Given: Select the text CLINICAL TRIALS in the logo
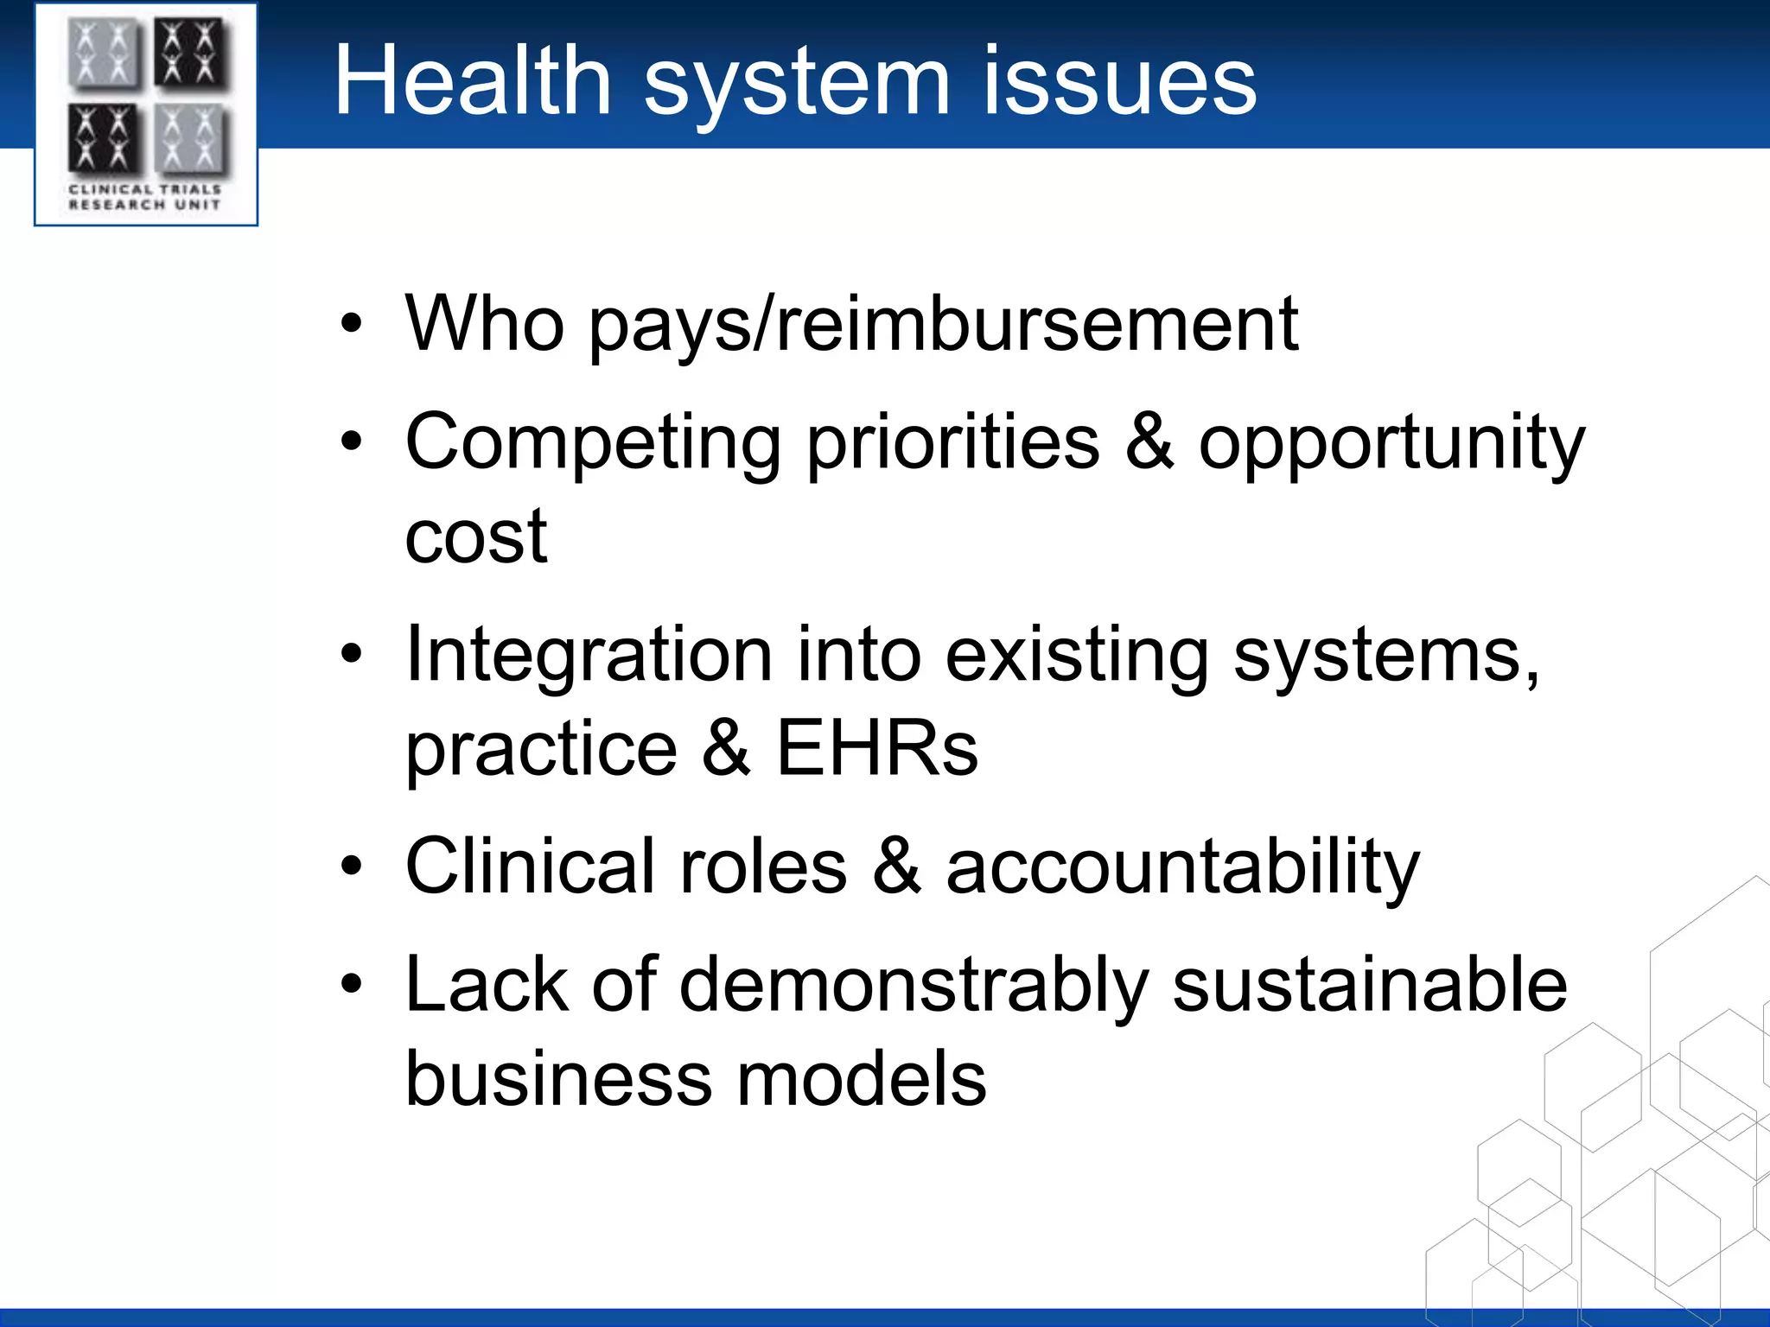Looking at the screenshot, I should [x=145, y=188].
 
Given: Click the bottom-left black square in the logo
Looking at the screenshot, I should [x=103, y=138].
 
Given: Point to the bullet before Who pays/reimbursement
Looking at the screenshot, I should [x=351, y=325].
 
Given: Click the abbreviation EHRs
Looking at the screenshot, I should [x=876, y=748].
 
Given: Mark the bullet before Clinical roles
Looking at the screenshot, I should [x=351, y=867].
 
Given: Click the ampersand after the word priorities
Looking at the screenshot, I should [x=1149, y=442].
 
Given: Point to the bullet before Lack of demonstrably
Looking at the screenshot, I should [x=351, y=985].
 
